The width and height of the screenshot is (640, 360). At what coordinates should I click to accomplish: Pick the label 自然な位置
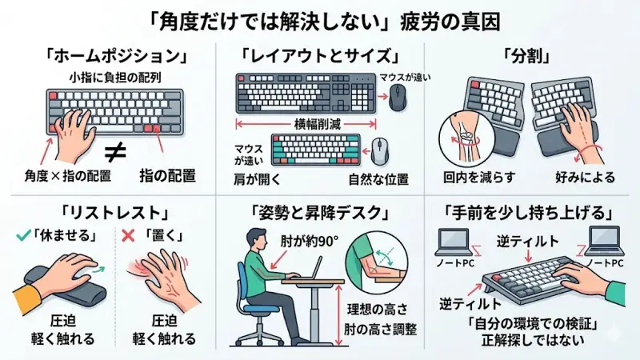(x=377, y=176)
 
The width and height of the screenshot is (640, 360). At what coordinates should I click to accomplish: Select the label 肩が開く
(x=255, y=176)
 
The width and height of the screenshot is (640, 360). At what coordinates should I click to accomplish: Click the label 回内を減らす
(x=467, y=176)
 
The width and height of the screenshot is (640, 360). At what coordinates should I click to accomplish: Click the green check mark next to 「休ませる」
(x=22, y=237)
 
